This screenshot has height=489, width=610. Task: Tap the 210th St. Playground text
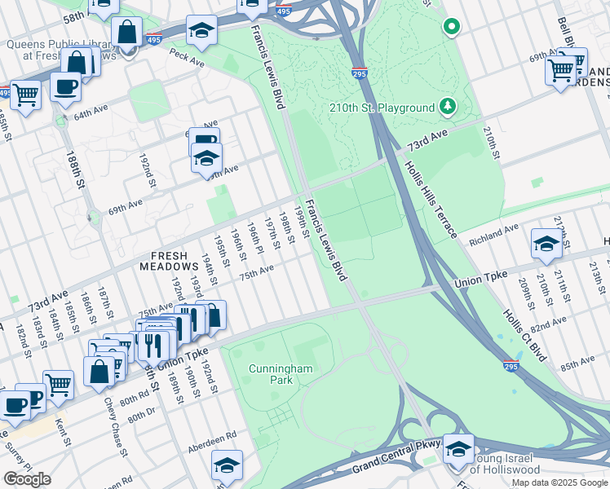coord(382,108)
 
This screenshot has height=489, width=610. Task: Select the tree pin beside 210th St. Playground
coord(447,106)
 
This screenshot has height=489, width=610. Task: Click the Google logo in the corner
coord(27,479)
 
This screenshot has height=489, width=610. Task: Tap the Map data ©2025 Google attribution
coord(559,482)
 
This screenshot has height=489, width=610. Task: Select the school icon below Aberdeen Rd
coord(228,465)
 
